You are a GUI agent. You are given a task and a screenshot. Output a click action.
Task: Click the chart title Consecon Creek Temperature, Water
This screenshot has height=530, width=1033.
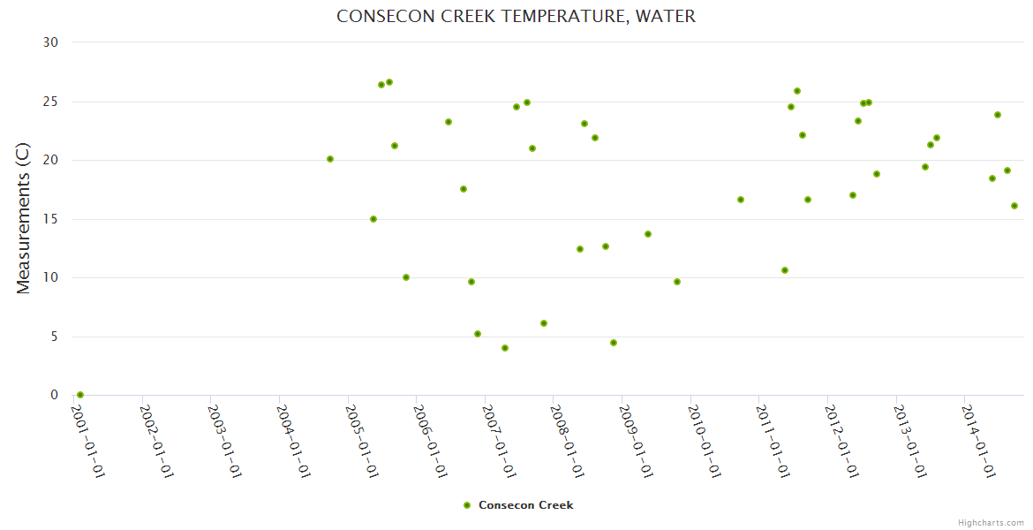(516, 17)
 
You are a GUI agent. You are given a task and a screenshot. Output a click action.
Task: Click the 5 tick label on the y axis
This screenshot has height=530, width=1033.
(54, 337)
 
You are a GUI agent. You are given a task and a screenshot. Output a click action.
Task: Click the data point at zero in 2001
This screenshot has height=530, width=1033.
(80, 395)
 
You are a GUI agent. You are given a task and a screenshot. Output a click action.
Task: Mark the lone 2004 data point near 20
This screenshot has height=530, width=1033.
(330, 159)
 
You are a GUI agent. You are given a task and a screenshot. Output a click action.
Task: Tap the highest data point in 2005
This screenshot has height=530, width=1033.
(389, 82)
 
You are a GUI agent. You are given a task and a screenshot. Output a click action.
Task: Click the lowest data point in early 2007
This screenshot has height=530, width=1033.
(505, 348)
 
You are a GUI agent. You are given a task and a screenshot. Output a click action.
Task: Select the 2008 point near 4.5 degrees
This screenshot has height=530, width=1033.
(614, 343)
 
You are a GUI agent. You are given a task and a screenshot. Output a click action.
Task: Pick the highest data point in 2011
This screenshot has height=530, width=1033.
(797, 91)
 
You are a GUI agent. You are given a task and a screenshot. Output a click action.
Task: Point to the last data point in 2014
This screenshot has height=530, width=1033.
(1014, 206)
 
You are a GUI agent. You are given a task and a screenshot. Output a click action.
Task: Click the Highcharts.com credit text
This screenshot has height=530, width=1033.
(991, 522)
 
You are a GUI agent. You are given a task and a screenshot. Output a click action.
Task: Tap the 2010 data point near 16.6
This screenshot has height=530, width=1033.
(741, 200)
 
